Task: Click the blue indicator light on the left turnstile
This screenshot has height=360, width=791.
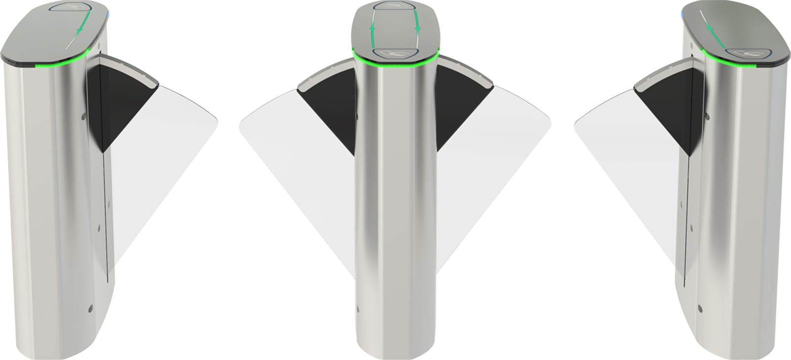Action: (x=108, y=15)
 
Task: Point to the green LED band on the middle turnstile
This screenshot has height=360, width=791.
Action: (x=395, y=64)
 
